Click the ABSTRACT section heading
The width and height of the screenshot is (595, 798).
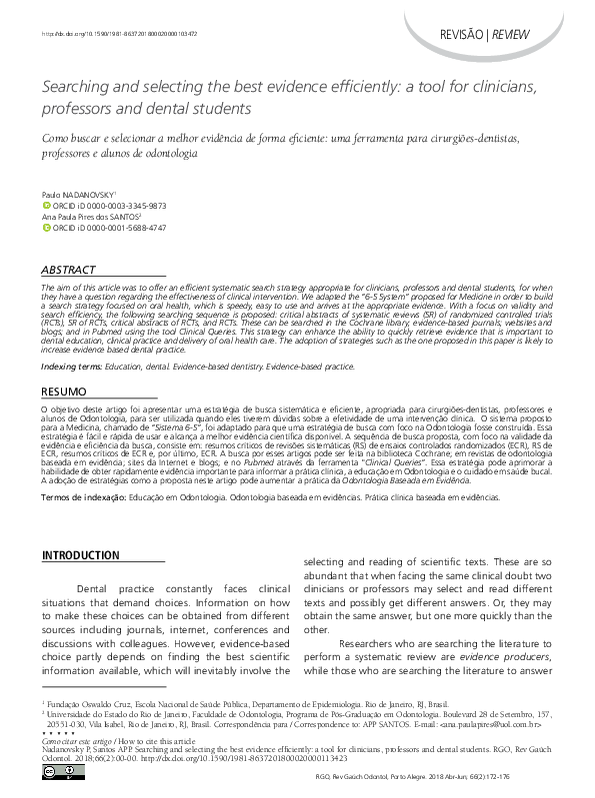tap(68, 271)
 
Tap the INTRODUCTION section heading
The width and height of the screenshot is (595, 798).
tap(87, 554)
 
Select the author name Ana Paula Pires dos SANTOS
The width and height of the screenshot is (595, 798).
tap(90, 215)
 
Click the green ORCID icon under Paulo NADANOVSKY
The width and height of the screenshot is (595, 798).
tap(45, 205)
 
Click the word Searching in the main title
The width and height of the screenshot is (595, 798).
tap(73, 88)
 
